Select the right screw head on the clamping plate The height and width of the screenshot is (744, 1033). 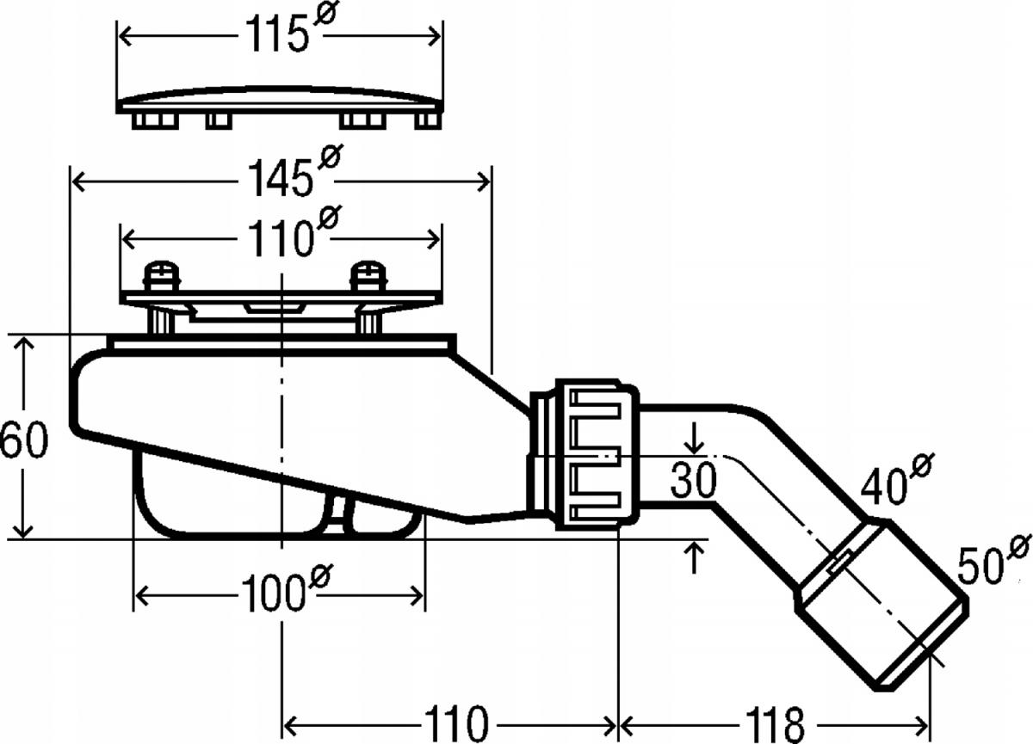tap(368, 276)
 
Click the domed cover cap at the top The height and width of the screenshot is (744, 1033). tap(280, 99)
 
